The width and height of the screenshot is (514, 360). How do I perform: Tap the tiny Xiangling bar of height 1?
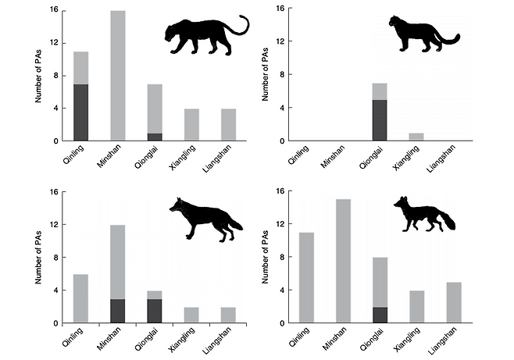coord(416,137)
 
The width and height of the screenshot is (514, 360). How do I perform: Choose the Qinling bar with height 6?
coord(80,298)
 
